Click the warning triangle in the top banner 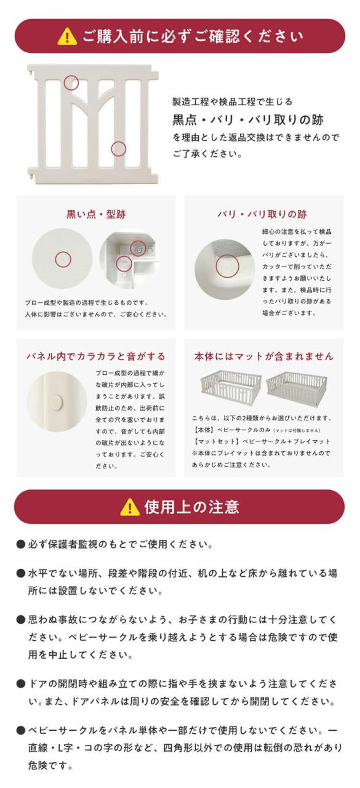coord(67,36)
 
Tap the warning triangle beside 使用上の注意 coord(129,507)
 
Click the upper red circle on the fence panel coord(71,82)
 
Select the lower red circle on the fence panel coord(119,149)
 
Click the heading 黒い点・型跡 coord(96,214)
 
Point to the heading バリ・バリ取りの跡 coord(262,214)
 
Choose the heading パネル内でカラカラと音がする coord(95,356)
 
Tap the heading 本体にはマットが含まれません coord(263,356)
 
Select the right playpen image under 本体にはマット coord(297,388)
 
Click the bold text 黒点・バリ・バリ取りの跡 coord(247,120)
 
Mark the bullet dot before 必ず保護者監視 coord(21,544)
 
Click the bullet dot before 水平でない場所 coord(21,573)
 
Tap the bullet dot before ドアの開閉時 coord(21,683)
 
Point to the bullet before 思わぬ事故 coord(21,619)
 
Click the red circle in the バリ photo coord(227,266)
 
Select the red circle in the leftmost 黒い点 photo coord(63,260)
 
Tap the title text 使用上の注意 coord(192,507)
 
